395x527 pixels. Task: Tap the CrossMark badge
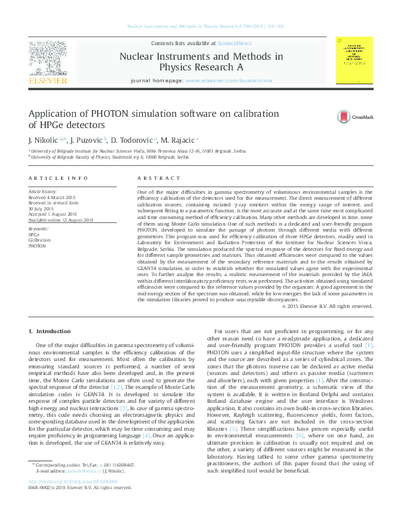point(352,117)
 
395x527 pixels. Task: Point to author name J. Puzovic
point(88,141)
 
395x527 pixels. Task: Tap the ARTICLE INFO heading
point(58,178)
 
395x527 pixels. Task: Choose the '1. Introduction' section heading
point(50,331)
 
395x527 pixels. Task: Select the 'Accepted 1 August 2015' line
point(52,214)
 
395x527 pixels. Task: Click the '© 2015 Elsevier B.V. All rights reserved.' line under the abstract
point(327,307)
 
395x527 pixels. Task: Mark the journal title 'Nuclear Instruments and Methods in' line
point(200,57)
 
